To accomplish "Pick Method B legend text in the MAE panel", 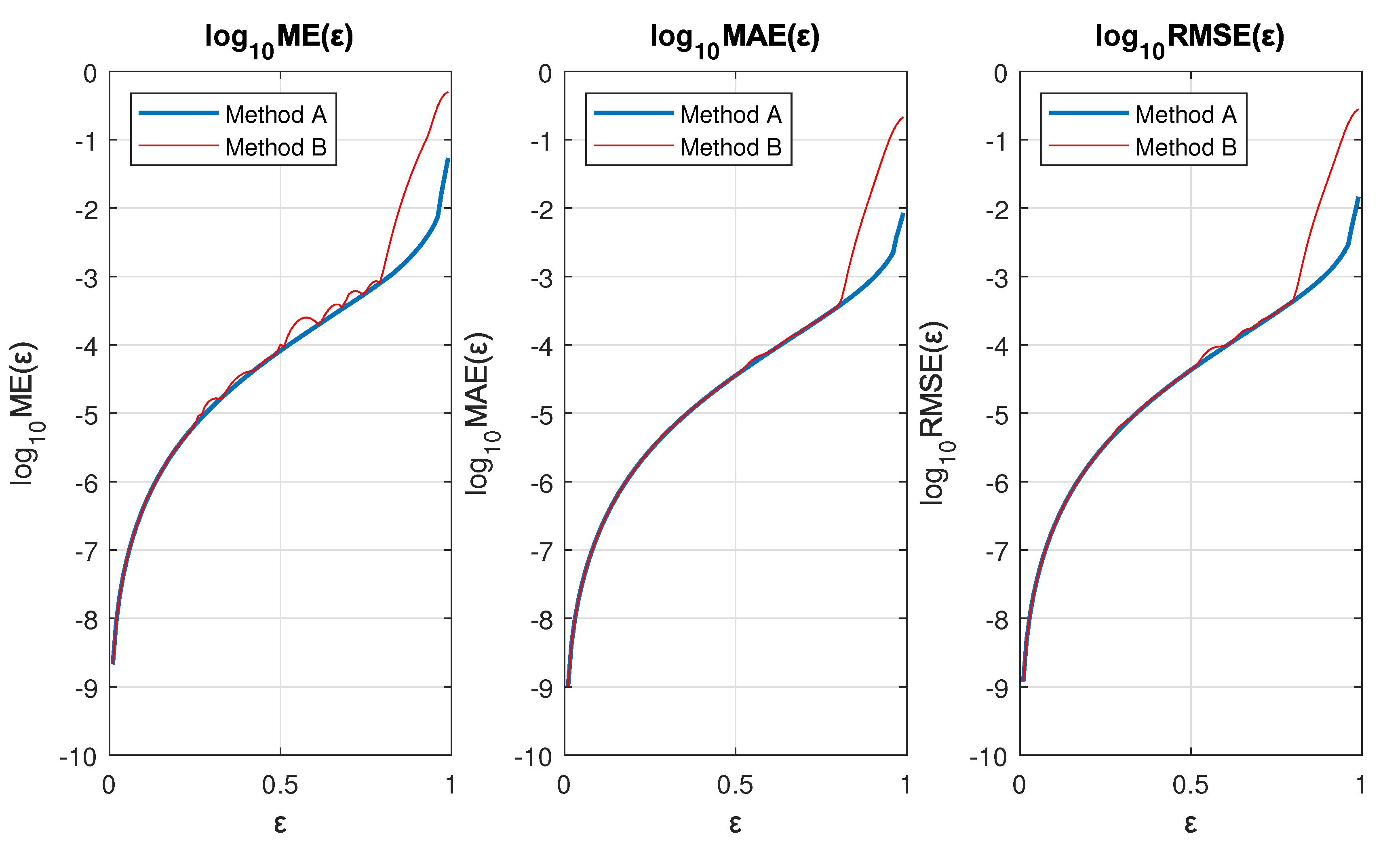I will [731, 147].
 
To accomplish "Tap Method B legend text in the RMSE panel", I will [1186, 147].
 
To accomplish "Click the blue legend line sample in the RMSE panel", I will [1089, 113].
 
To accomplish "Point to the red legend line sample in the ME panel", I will [179, 146].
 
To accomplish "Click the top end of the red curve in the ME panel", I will [447, 92].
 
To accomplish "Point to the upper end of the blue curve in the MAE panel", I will [903, 214].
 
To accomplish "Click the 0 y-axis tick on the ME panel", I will [90, 74].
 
